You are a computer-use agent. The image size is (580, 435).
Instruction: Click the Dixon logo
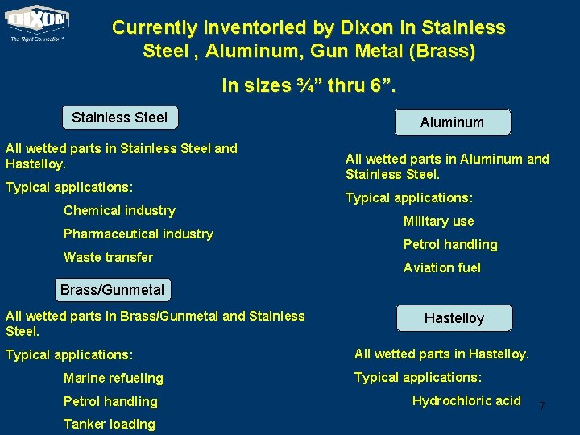point(37,23)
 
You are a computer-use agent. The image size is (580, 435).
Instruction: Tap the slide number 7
point(541,406)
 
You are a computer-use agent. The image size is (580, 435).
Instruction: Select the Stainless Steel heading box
point(120,118)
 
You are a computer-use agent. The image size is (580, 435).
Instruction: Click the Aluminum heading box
point(452,122)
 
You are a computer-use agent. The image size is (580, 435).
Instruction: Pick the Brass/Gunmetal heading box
point(113,289)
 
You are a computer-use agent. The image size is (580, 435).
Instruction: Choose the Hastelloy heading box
point(454,318)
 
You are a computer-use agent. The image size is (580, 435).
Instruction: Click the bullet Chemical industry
point(119,210)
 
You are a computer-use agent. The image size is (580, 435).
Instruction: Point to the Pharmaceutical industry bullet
point(139,234)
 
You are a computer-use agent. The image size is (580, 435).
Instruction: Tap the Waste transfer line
point(108,257)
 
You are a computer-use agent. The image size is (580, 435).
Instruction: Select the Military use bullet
point(438,221)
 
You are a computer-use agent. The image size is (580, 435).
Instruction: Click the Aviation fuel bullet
point(441,267)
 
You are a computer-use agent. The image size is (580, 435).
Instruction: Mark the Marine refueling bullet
point(113,378)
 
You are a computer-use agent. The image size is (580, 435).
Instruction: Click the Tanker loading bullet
point(109,424)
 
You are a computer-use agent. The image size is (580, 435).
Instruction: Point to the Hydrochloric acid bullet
point(466,400)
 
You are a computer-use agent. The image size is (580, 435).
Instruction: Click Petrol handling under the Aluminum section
point(450,244)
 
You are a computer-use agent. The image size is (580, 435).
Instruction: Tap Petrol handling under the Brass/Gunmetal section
point(110,401)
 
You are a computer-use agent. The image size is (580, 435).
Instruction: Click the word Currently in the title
point(155,27)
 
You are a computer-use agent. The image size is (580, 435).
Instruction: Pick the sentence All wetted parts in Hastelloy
point(441,354)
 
